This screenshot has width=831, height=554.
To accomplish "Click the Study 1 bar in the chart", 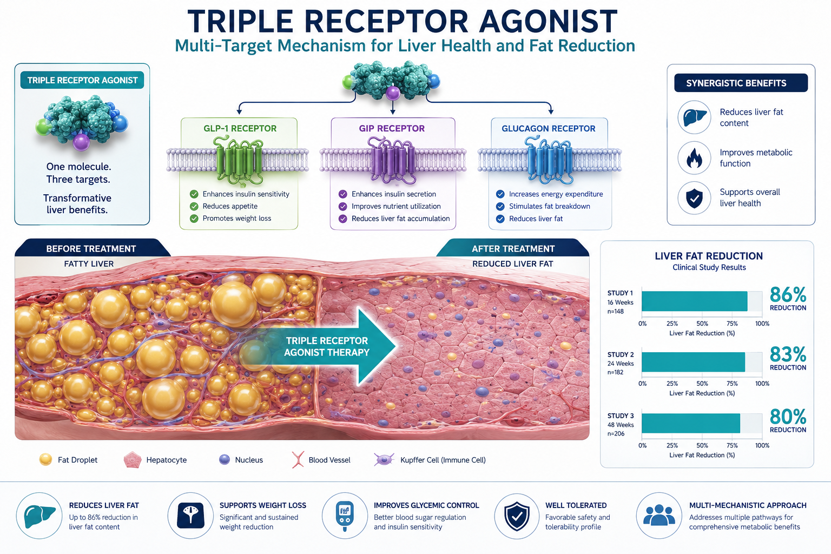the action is pyautogui.click(x=694, y=301).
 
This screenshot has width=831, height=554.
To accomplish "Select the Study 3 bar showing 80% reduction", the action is pyautogui.click(x=691, y=423).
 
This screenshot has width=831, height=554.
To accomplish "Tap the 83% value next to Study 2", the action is pyautogui.click(x=788, y=354).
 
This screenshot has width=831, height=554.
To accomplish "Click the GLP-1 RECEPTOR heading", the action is pyautogui.click(x=240, y=128).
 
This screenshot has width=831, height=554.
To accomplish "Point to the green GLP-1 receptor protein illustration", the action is pyautogui.click(x=239, y=160).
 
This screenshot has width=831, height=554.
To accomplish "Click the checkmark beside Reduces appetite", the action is pyautogui.click(x=194, y=206).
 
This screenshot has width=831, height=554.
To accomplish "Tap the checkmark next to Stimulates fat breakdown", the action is pyautogui.click(x=500, y=206).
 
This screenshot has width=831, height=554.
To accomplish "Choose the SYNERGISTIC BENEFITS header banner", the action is pyautogui.click(x=741, y=83).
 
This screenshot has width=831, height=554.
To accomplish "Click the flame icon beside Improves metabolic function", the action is pyautogui.click(x=694, y=158).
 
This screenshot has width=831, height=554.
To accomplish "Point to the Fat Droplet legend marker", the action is pyautogui.click(x=45, y=459).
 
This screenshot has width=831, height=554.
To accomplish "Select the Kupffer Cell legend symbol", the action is pyautogui.click(x=384, y=459).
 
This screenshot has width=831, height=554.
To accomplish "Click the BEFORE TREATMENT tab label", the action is pyautogui.click(x=91, y=249).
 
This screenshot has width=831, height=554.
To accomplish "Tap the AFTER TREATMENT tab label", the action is pyautogui.click(x=513, y=249).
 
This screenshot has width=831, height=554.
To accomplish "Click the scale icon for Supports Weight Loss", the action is pyautogui.click(x=190, y=516).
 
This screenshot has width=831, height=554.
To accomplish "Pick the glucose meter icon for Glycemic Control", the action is pyautogui.click(x=345, y=516).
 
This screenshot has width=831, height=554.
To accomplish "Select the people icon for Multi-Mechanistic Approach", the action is pyautogui.click(x=659, y=515).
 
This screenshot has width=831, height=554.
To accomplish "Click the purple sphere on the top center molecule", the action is pyautogui.click(x=393, y=93).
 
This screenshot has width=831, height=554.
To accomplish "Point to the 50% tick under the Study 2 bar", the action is pyautogui.click(x=702, y=384).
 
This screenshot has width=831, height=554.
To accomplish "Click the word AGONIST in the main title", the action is pyautogui.click(x=548, y=22).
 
